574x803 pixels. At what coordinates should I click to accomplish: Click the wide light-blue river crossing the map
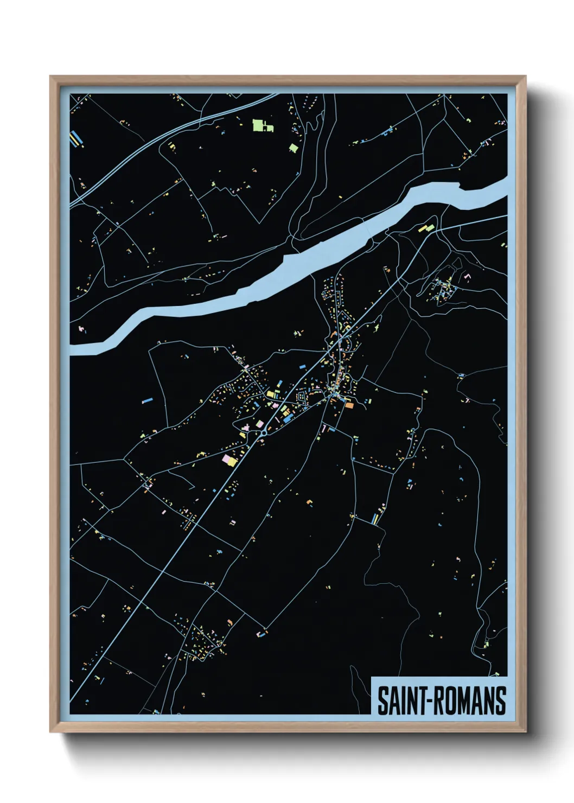point(304,260)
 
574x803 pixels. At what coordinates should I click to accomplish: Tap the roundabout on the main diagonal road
point(263,433)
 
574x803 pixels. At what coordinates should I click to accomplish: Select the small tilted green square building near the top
point(294,147)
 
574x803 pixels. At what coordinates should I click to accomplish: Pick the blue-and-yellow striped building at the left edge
point(76,139)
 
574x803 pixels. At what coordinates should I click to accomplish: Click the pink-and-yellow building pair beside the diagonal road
point(229,460)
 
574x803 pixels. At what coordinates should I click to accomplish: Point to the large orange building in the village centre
point(349,405)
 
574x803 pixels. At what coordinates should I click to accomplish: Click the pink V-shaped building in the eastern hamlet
point(467,277)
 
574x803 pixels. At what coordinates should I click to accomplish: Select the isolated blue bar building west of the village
point(147,400)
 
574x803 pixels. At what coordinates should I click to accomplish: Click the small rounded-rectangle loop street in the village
point(301,398)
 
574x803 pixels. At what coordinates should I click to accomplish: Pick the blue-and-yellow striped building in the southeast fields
point(374,519)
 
